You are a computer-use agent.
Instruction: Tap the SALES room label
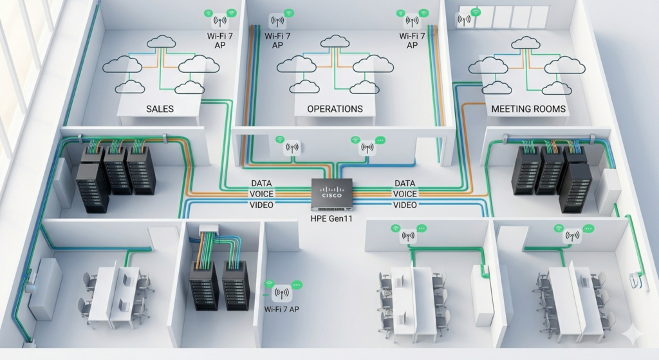(x=160, y=109)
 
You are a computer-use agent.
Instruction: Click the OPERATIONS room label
(x=335, y=109)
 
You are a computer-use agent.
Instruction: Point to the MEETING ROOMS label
(x=528, y=109)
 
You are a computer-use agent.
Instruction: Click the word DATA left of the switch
(x=261, y=184)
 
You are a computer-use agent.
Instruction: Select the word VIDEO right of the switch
(x=404, y=205)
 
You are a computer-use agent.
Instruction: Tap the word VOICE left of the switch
(x=261, y=194)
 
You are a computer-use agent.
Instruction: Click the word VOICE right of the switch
(x=404, y=194)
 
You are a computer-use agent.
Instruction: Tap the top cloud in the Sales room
(x=161, y=43)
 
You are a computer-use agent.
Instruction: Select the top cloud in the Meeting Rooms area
(x=525, y=43)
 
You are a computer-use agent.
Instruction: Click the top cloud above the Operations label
(x=336, y=42)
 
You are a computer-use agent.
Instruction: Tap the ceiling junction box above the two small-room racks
(x=210, y=228)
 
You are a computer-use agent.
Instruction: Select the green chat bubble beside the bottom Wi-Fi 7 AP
(x=296, y=284)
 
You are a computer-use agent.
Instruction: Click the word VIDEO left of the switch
(x=261, y=205)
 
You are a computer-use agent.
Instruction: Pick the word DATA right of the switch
(x=404, y=184)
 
